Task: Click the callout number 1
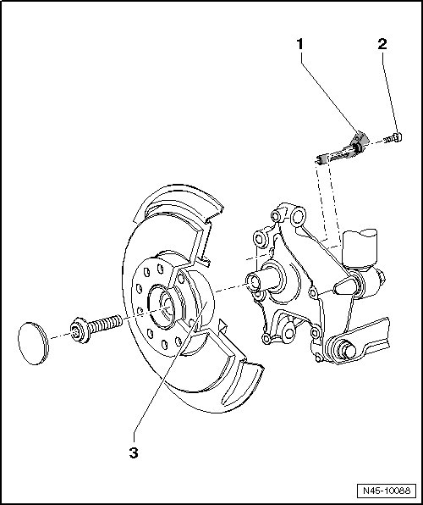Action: (299, 44)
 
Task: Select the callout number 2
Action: (382, 44)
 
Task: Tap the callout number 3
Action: (134, 452)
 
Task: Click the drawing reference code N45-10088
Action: (387, 491)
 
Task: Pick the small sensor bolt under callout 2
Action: (393, 138)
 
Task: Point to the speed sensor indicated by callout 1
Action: (342, 148)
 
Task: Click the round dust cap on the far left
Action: (33, 343)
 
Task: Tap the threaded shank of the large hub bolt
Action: (105, 324)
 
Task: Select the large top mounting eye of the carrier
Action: (298, 215)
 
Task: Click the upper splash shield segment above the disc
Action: (180, 202)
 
